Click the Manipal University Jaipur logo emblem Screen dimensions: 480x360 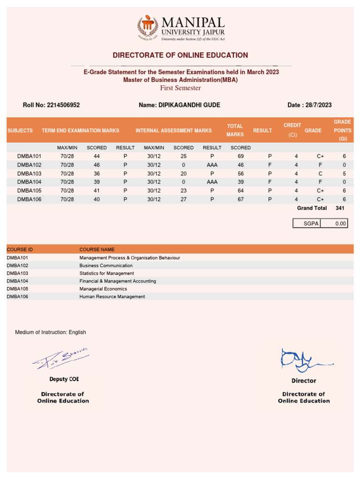click(148, 28)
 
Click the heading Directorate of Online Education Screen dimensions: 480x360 click(180, 55)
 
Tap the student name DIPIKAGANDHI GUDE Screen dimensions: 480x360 click(180, 105)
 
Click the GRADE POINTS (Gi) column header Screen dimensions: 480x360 click(342, 130)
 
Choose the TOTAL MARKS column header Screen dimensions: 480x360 click(235, 130)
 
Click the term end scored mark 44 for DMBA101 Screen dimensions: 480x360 click(97, 156)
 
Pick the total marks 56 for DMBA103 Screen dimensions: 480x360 click(241, 173)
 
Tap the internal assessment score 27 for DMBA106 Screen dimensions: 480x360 click(183, 199)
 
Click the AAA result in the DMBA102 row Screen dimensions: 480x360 click(212, 165)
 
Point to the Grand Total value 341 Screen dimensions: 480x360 click(340, 208)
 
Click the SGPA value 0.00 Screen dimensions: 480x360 click(340, 224)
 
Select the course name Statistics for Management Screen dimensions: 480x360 click(106, 273)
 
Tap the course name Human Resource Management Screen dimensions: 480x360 click(112, 297)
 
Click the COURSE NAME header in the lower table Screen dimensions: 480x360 click(97, 249)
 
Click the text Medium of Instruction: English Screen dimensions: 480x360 click(50, 332)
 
